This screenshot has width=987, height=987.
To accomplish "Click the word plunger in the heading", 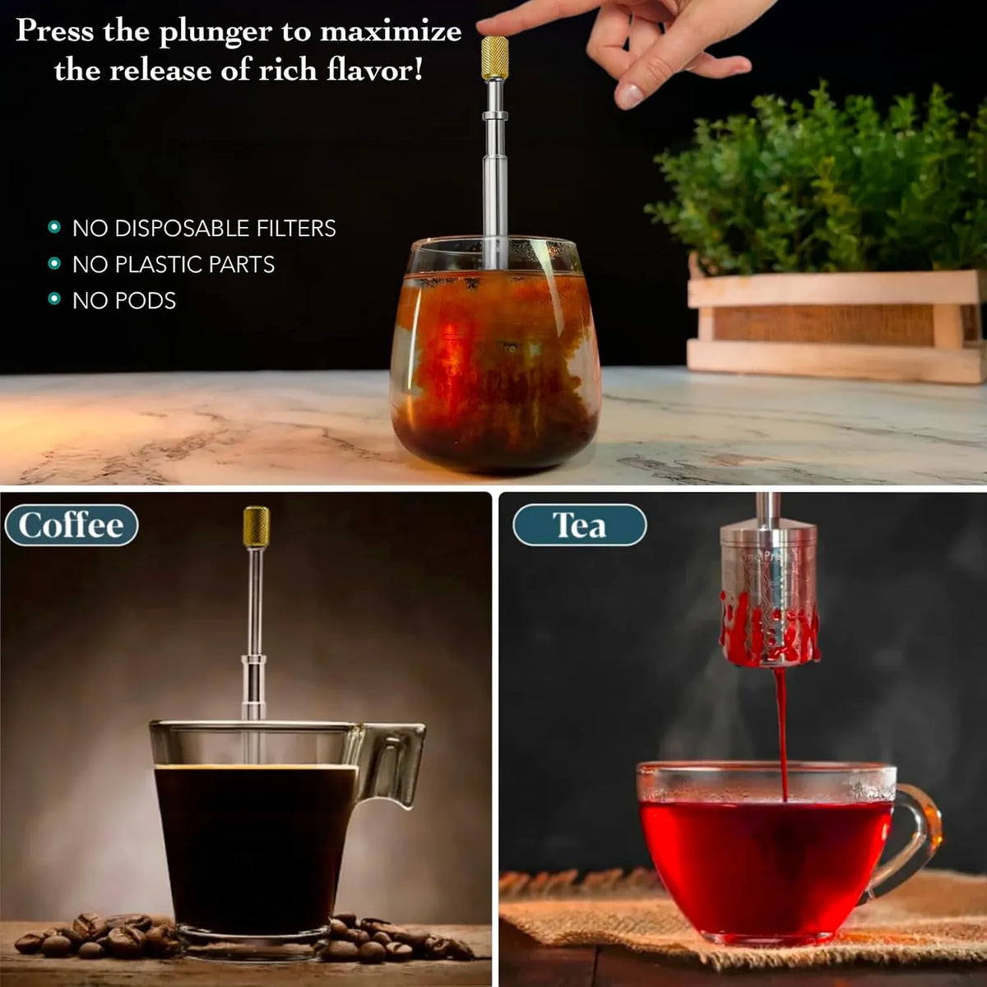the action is (x=215, y=33).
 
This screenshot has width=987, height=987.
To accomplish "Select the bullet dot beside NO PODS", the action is (x=54, y=299).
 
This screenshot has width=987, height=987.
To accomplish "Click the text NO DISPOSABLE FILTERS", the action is (x=204, y=229).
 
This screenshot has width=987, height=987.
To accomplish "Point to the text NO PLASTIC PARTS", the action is (x=173, y=264).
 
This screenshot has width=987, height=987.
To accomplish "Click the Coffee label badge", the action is (x=72, y=525).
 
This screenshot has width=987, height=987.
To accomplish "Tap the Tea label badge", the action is (x=579, y=525).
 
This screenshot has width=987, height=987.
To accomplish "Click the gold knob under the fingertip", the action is (x=495, y=58).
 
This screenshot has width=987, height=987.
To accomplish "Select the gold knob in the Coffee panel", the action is (x=256, y=526).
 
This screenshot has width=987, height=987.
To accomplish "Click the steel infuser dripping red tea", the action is (x=768, y=594).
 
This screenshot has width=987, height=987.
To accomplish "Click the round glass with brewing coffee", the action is (x=495, y=354).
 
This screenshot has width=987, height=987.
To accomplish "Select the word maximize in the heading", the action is (x=391, y=32).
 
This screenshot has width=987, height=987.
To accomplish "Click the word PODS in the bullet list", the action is (x=146, y=301).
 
